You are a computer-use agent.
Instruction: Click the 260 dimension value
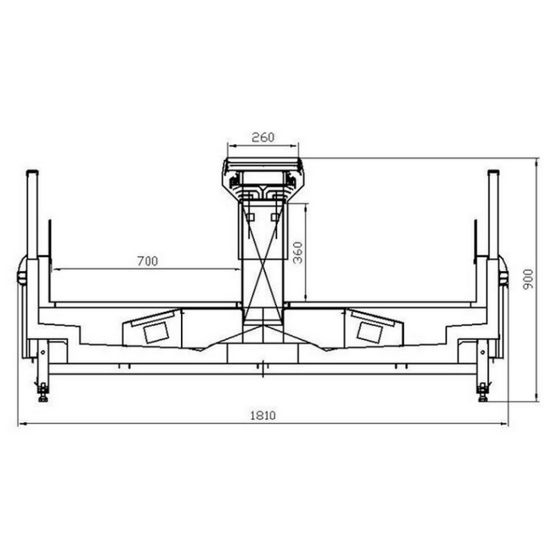263,137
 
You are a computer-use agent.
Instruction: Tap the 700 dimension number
148,262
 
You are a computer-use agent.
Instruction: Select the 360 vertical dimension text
298,253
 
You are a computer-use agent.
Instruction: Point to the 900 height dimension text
528,279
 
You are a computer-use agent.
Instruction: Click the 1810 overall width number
263,415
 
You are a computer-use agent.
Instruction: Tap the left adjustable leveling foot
43,393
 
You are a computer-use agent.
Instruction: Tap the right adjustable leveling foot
483,393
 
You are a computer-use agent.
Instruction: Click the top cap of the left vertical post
32,172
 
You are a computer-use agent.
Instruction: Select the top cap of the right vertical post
494,172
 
